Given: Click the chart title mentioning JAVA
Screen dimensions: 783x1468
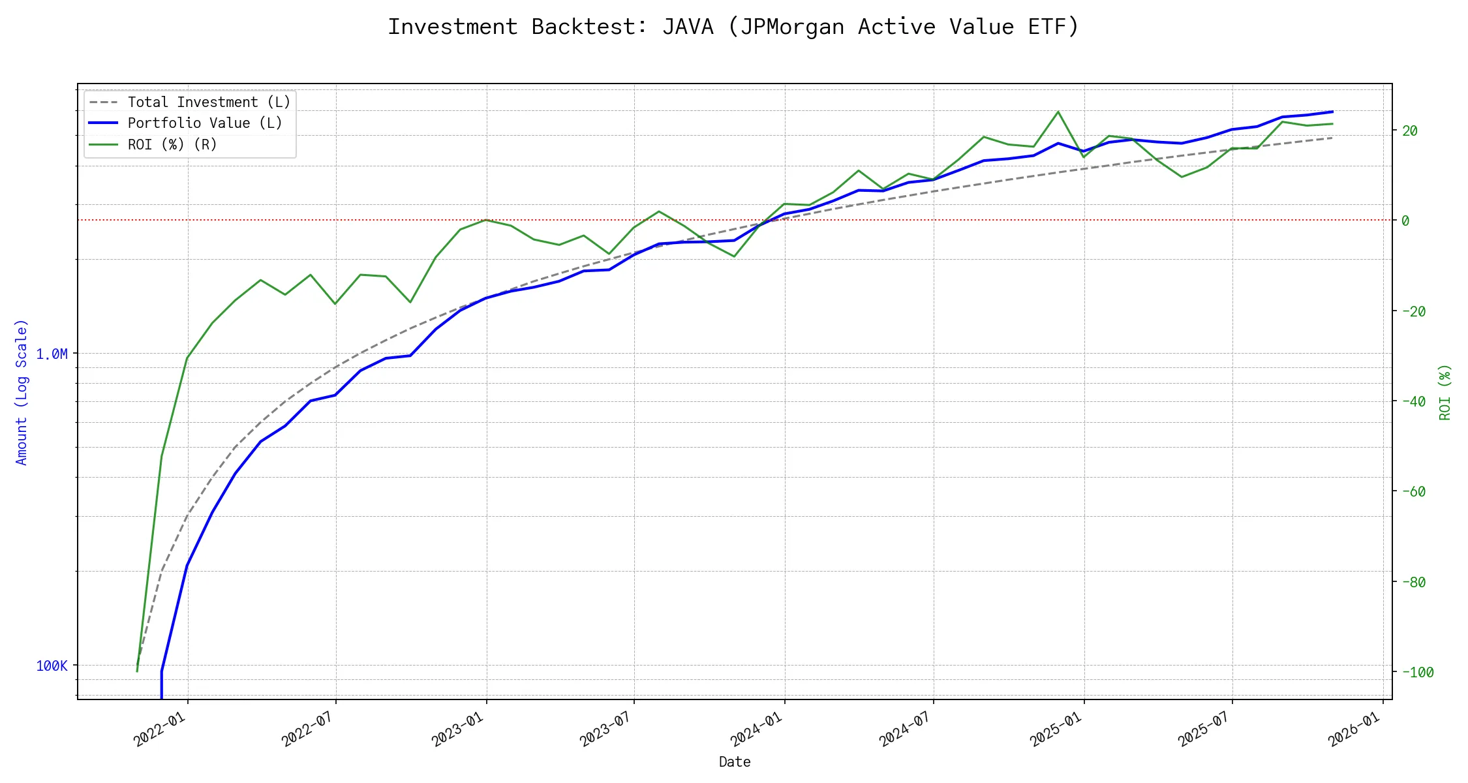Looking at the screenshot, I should click(x=734, y=27).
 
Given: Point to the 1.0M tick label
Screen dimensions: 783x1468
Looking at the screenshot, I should click(x=52, y=354).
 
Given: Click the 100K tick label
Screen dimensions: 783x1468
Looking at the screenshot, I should click(x=52, y=666).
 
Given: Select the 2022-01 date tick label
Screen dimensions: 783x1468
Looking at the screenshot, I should click(x=160, y=729).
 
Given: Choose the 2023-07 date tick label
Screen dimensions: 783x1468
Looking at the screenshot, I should click(x=606, y=729).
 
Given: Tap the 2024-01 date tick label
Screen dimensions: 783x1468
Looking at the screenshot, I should click(x=757, y=729).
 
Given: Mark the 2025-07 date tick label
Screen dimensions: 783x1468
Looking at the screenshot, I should click(x=1204, y=729).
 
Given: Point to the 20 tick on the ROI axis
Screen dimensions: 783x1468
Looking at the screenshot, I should click(x=1410, y=130).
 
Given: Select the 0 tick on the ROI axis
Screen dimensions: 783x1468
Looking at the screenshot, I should click(x=1405, y=221).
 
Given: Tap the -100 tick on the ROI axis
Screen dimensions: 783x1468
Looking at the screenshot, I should click(x=1416, y=672).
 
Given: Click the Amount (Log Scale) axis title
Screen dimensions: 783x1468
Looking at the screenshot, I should click(x=22, y=391).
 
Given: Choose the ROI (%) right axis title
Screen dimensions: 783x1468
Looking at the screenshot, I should click(x=1445, y=391).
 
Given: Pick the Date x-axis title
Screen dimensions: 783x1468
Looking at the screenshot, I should click(x=735, y=761).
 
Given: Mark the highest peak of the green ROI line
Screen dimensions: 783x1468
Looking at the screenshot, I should click(x=1058, y=112).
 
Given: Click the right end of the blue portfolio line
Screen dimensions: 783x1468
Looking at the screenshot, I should click(x=1332, y=112).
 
